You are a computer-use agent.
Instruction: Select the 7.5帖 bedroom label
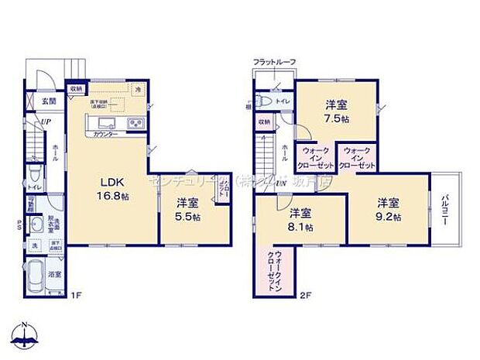[334, 111]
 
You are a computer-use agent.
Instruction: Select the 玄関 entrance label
[48, 101]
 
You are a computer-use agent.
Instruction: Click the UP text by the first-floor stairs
[47, 122]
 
